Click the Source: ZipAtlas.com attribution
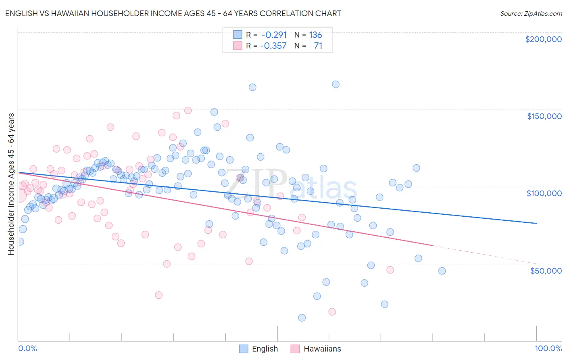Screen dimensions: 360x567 click(531, 14)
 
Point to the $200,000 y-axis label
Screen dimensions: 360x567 click(543, 39)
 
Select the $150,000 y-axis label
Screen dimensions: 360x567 click(544, 116)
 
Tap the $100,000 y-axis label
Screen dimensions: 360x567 click(544, 193)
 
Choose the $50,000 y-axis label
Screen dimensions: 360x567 click(546, 270)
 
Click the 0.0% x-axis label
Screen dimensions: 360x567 click(27, 348)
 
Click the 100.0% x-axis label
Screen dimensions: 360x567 click(548, 348)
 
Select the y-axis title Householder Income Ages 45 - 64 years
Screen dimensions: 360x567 click(11, 184)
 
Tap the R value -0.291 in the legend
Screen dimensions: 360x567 click(273, 35)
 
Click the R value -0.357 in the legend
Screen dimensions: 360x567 click(273, 46)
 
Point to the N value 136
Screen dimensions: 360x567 click(315, 35)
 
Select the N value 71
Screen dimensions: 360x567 click(318, 46)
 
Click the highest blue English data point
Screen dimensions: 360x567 click(336, 84)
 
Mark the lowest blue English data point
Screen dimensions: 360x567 click(302, 318)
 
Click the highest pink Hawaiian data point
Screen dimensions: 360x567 click(188, 110)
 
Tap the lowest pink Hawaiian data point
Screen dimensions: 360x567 click(332, 312)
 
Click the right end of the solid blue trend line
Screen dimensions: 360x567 click(536, 223)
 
